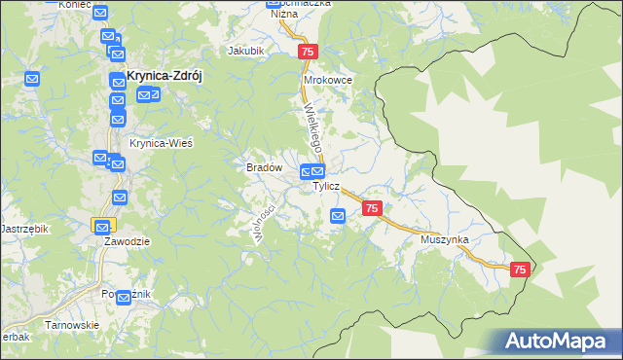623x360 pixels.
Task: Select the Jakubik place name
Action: (x=245, y=51)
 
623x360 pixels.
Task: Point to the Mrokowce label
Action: (x=327, y=81)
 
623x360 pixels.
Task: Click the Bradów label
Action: (x=264, y=167)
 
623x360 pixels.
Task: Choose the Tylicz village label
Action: (x=326, y=186)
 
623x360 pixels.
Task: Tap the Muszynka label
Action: (x=445, y=239)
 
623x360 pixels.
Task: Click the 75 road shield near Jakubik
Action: (x=308, y=52)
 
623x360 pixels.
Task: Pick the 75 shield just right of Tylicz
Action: (x=371, y=208)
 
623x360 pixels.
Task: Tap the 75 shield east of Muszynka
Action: (x=519, y=270)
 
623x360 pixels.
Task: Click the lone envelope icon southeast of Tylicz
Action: (x=338, y=216)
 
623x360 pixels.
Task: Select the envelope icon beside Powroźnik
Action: (x=123, y=297)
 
